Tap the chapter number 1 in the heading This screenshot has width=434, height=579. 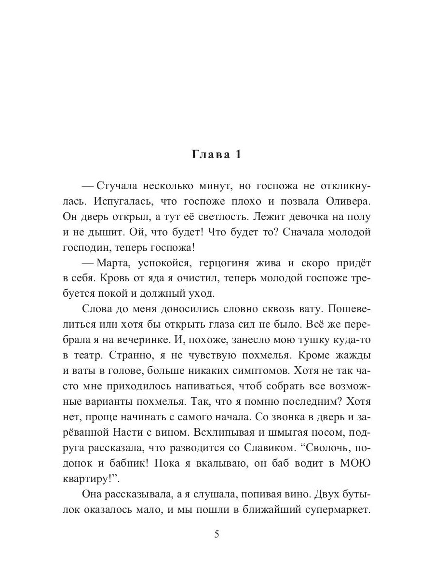[x=237, y=155]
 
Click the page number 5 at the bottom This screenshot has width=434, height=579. [x=217, y=534]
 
